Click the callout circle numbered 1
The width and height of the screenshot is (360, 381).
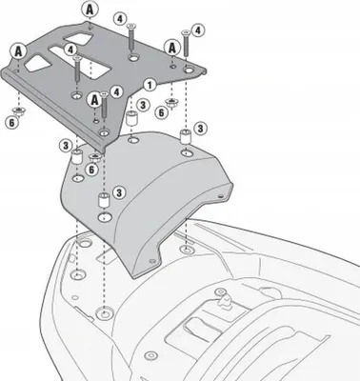(150, 85)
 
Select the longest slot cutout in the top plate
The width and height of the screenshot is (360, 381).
(80, 59)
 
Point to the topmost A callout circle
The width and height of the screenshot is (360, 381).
(90, 10)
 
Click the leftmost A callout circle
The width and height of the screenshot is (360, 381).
(19, 51)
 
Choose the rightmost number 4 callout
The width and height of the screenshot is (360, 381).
(198, 30)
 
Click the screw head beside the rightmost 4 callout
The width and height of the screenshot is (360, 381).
(186, 32)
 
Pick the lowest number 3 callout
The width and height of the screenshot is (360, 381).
(119, 192)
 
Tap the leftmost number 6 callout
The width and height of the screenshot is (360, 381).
(11, 123)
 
